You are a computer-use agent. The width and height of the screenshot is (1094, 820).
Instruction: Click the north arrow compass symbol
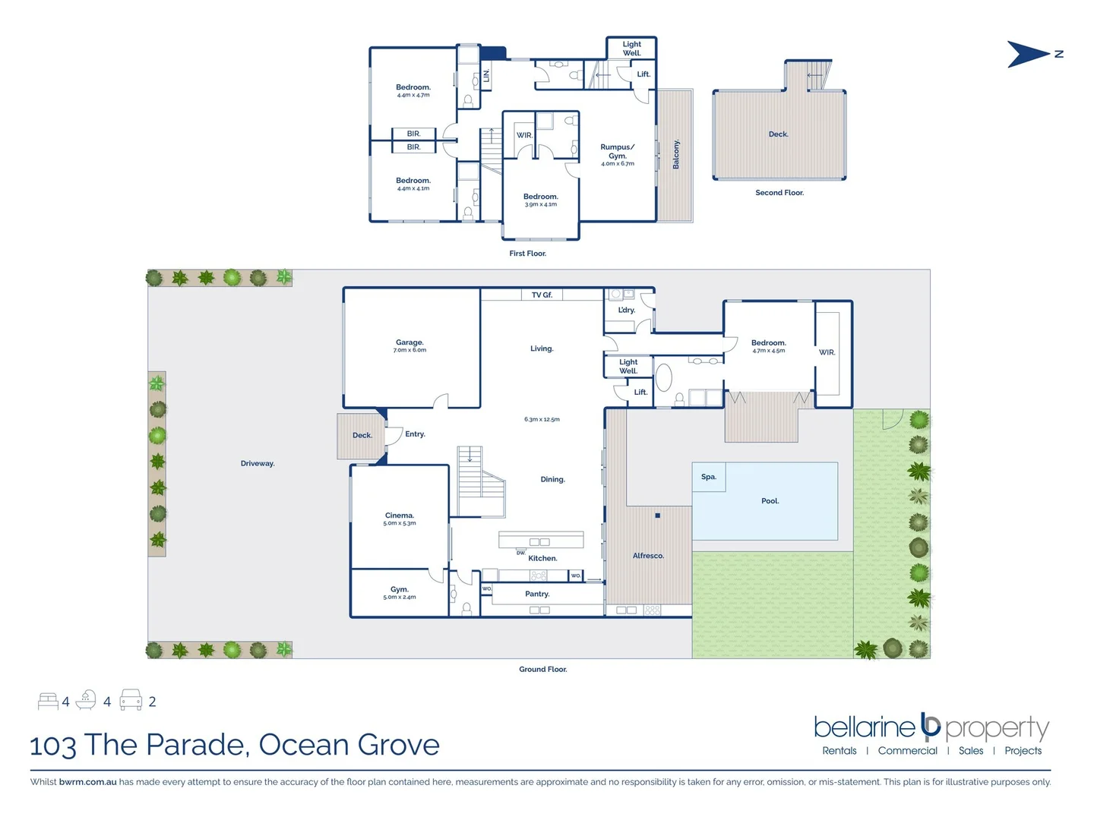coord(1029,55)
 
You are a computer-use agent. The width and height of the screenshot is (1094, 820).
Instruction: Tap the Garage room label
coord(409,342)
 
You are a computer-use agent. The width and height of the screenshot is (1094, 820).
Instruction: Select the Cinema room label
coord(400,516)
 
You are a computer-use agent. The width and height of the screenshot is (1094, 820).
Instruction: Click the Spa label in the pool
coord(709,477)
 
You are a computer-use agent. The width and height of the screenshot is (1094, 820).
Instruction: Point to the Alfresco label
coord(648,556)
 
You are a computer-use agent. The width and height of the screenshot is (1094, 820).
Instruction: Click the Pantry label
coord(537,594)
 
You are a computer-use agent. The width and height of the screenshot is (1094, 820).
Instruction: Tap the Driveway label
coord(258,463)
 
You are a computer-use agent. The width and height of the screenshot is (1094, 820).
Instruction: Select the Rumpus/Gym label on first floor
coord(617,152)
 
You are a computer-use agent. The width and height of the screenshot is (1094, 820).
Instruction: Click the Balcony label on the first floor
coord(676,155)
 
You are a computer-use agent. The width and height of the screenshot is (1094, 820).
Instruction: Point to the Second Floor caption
coord(779,193)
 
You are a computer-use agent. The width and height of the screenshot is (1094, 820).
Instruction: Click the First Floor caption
coord(527,254)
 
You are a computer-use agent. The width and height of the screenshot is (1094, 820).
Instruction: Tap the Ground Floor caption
coord(542,669)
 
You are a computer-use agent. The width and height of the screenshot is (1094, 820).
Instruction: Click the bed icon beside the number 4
coord(48,701)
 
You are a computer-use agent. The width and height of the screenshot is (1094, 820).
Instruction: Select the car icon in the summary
coord(131,700)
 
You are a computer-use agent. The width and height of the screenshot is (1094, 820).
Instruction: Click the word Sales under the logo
coord(971,751)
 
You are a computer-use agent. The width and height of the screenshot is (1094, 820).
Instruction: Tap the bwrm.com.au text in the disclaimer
coord(87,782)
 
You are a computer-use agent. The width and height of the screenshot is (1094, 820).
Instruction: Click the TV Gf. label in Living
coord(542,295)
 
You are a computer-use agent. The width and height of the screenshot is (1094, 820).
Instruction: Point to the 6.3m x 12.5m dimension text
coord(542,419)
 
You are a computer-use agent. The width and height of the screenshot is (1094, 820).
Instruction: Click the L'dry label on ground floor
coord(626,310)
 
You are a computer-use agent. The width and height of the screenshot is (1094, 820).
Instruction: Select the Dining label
coord(552,479)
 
